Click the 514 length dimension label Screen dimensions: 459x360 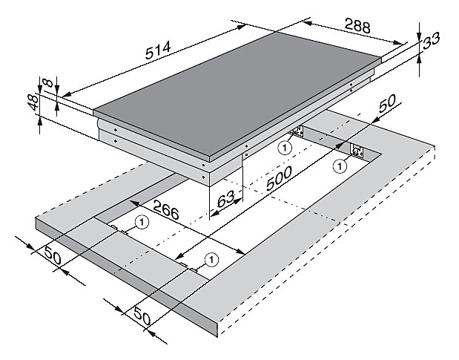(x=158, y=50)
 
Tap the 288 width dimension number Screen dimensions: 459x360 (x=357, y=25)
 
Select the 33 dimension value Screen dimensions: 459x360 (x=431, y=40)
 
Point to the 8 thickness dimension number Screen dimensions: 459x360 (x=47, y=82)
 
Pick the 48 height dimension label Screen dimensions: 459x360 (x=33, y=102)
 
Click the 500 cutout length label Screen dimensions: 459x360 (x=279, y=178)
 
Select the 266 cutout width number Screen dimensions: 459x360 (x=165, y=209)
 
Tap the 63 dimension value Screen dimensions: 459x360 (x=226, y=199)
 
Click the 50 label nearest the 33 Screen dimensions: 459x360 (x=387, y=103)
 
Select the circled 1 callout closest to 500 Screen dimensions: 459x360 (x=285, y=148)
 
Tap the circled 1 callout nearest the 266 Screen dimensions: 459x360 (x=142, y=222)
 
